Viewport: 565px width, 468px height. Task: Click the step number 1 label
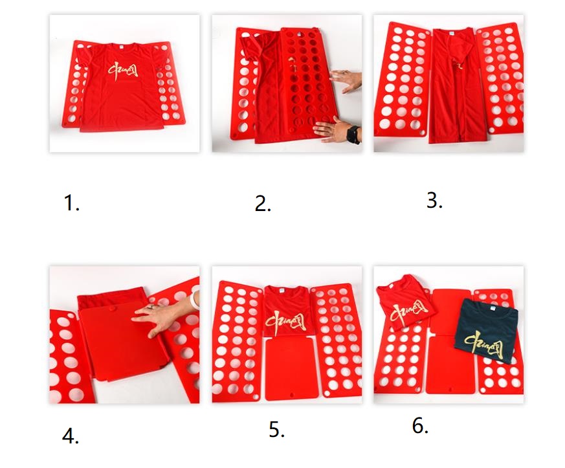[71, 203]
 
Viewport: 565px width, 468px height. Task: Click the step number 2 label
[263, 204]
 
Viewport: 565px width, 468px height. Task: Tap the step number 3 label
[434, 200]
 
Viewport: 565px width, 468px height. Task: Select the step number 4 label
[71, 437]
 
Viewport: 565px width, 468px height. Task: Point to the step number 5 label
[277, 429]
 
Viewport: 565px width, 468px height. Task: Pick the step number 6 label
[420, 426]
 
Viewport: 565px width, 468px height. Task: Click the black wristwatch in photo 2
[353, 135]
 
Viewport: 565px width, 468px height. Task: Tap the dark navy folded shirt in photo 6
[487, 330]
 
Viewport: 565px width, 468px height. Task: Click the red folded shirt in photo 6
[404, 301]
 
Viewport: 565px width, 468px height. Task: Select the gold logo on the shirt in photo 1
[123, 71]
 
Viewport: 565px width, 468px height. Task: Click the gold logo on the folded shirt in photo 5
[286, 322]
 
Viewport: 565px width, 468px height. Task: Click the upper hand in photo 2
[345, 80]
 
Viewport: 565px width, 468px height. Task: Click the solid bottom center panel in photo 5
[291, 369]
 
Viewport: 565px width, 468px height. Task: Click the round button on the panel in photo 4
[112, 309]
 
